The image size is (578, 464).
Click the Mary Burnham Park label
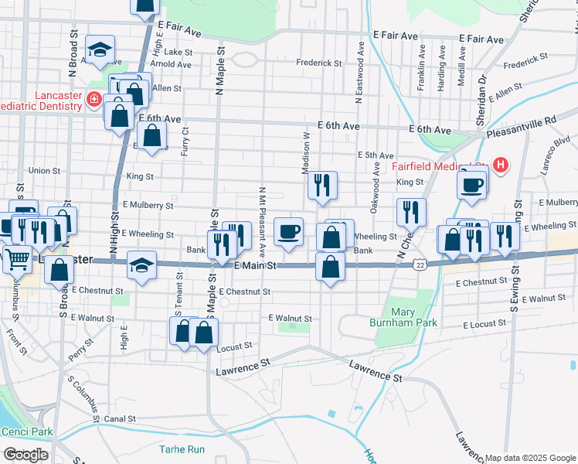(413, 316)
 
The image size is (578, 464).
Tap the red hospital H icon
(501, 165)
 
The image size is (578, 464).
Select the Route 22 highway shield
(418, 264)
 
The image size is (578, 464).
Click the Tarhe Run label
(182, 449)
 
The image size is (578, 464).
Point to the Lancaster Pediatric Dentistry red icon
(93, 99)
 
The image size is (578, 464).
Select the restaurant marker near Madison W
(322, 185)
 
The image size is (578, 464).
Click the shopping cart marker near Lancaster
(17, 259)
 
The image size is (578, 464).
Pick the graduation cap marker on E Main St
(141, 264)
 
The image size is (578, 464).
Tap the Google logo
(25, 455)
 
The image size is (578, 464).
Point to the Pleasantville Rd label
(522, 125)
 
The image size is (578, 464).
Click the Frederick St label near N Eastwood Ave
(324, 61)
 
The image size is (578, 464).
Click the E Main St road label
(255, 265)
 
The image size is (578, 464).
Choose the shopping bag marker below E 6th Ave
(154, 137)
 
